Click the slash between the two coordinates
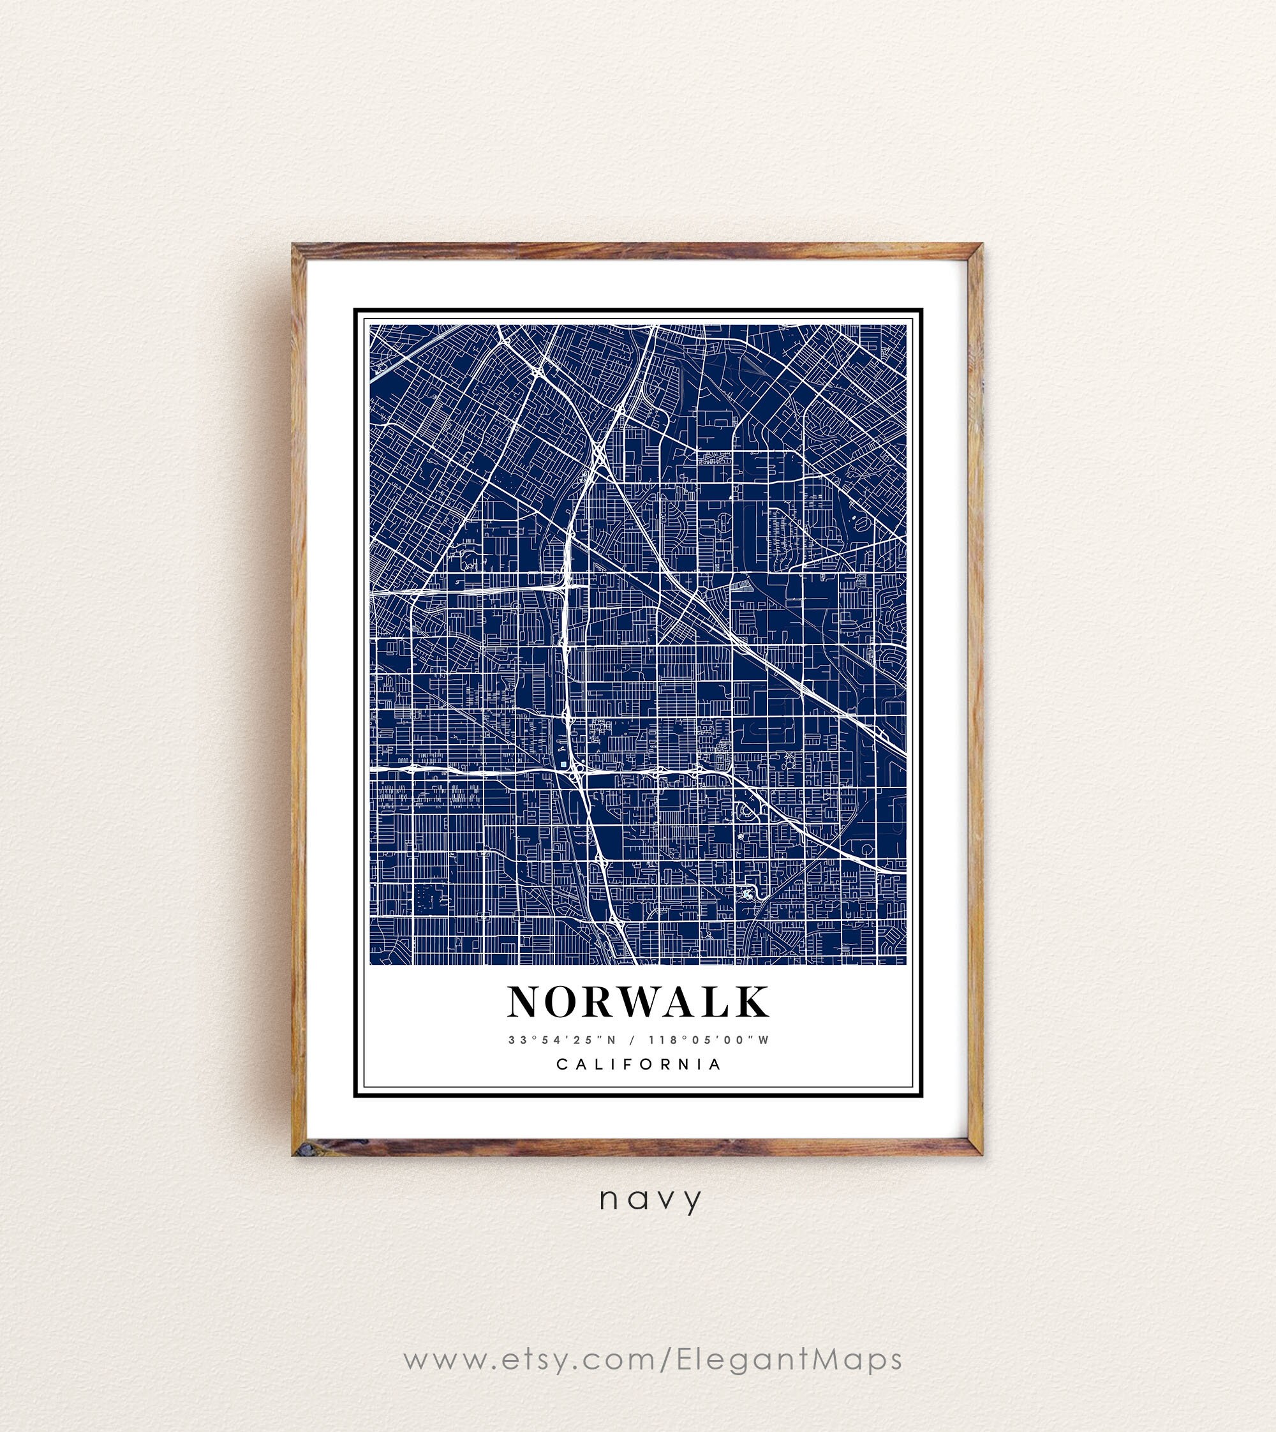click(637, 1040)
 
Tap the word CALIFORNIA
click(639, 1064)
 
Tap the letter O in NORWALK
click(562, 1001)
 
